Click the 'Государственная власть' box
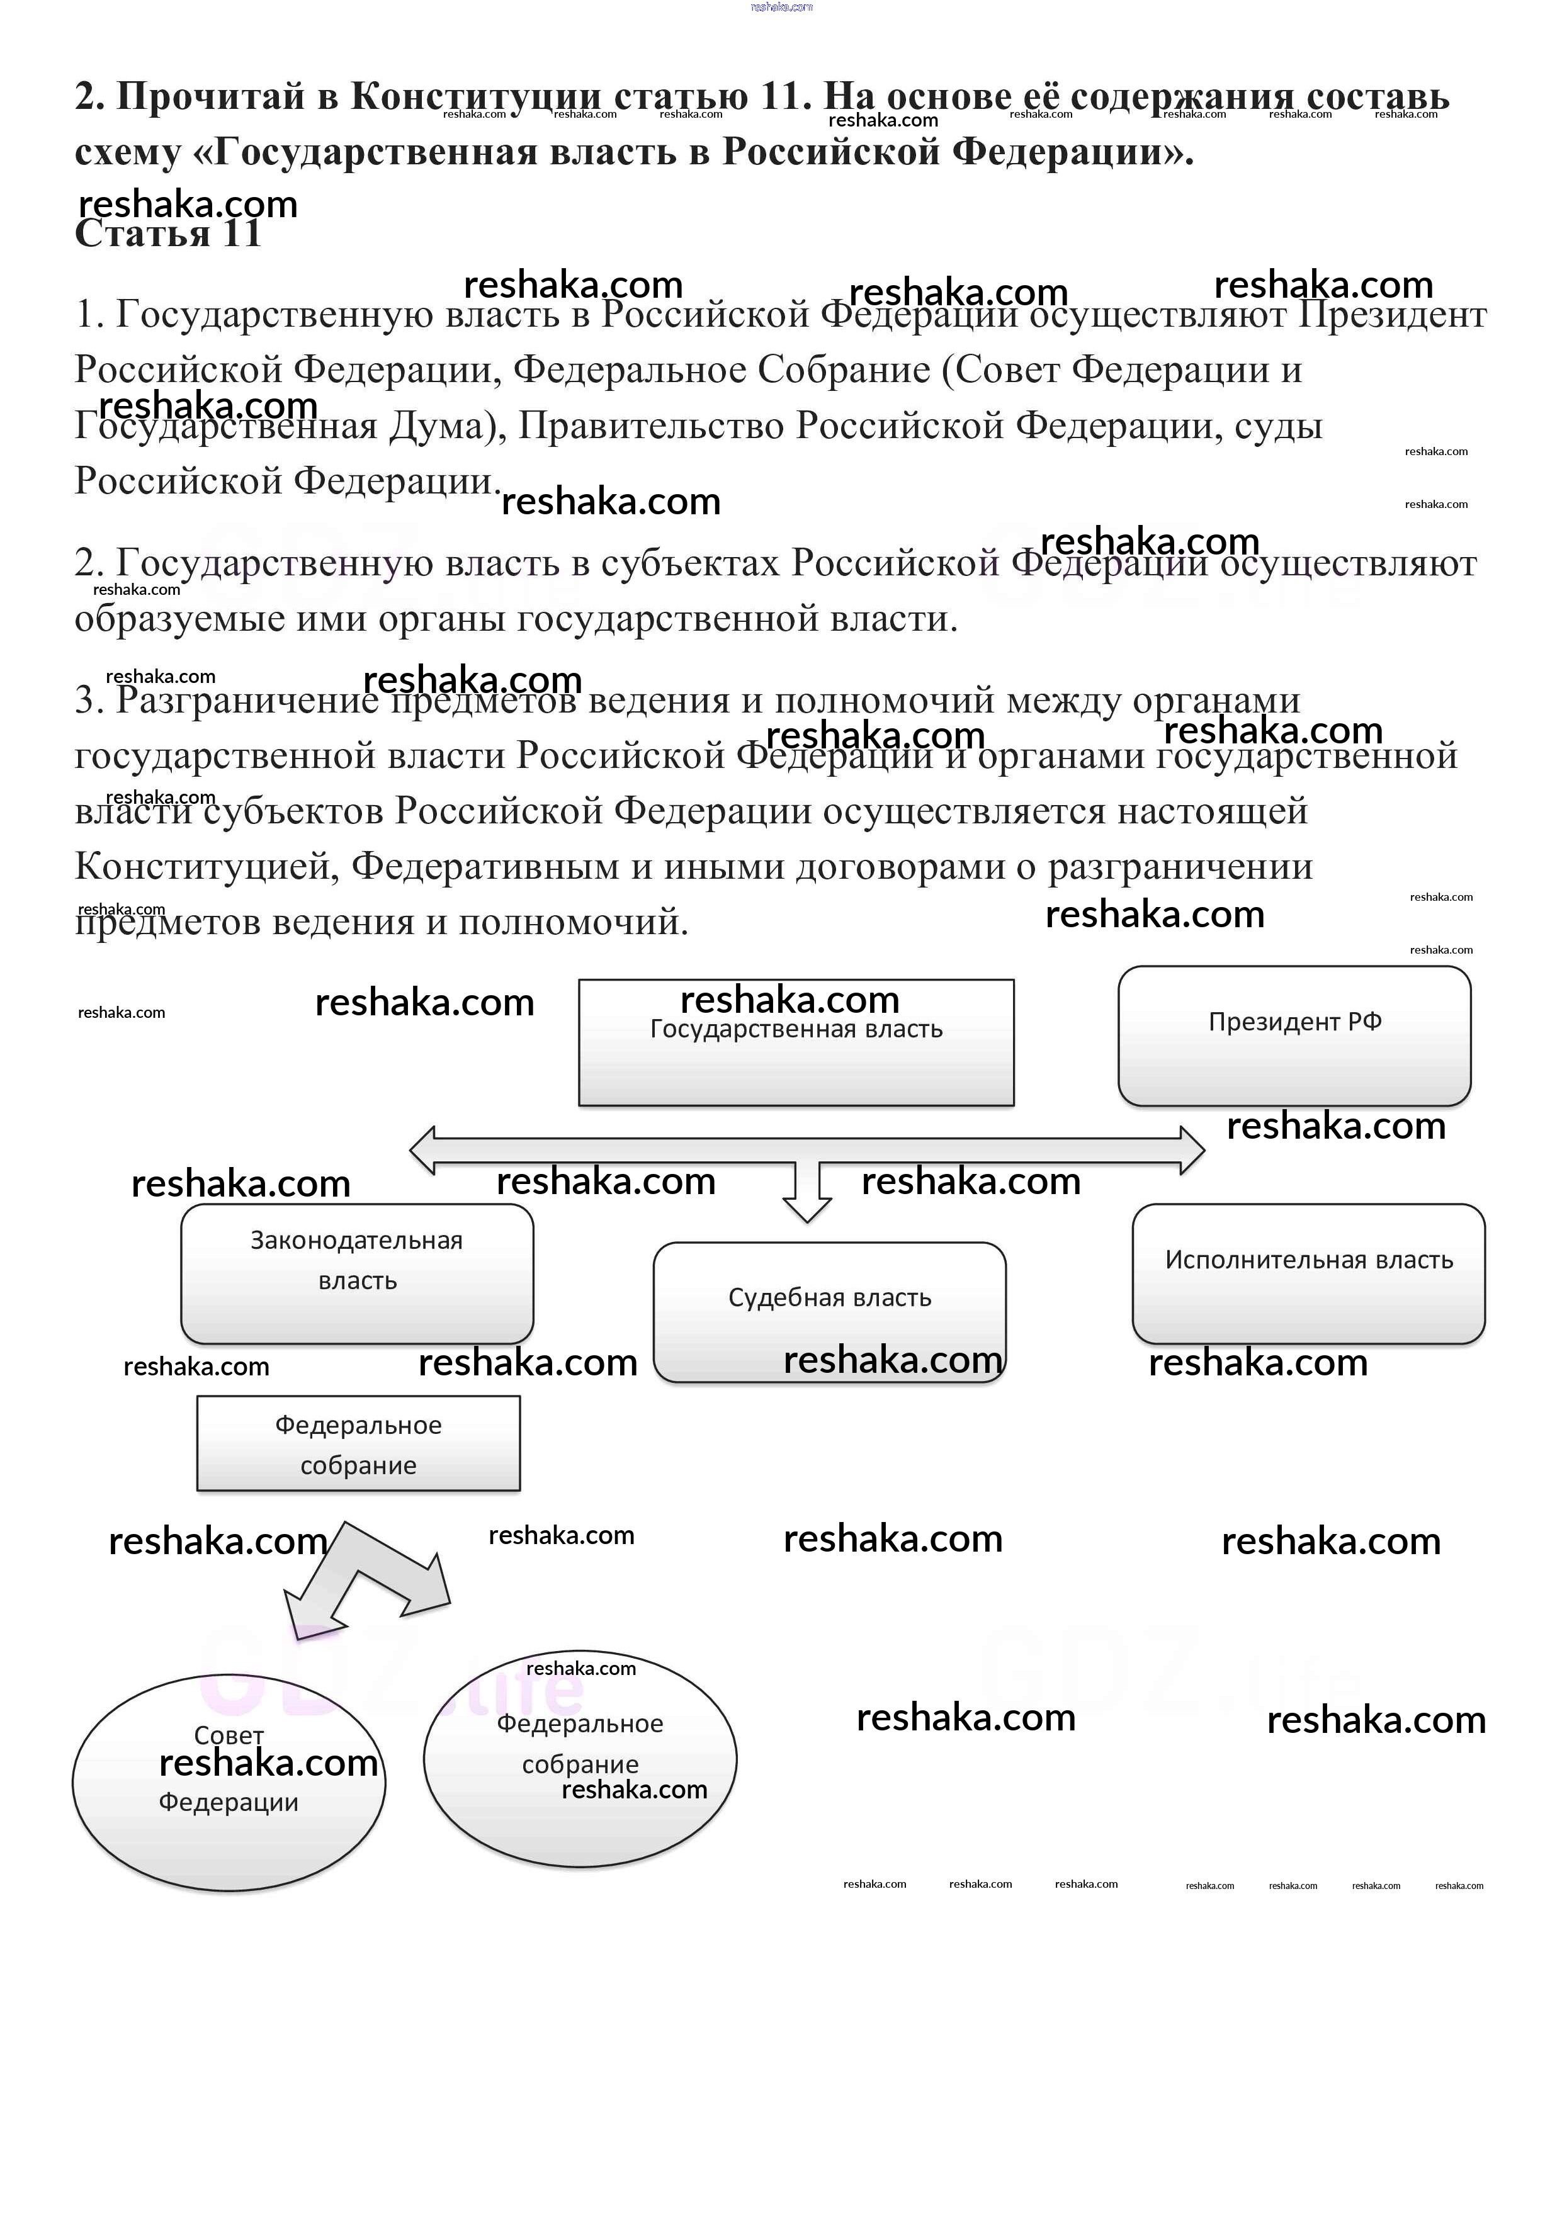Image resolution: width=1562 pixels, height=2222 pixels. tap(796, 1042)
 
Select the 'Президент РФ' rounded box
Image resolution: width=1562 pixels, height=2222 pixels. tap(1294, 1035)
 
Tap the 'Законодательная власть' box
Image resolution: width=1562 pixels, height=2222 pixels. tap(357, 1273)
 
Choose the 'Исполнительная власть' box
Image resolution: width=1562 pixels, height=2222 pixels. tap(1308, 1273)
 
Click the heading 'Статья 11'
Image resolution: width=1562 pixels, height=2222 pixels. tap(167, 234)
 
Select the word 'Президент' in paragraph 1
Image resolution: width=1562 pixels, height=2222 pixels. tap(1391, 315)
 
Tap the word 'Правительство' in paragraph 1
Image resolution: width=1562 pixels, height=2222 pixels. tap(656, 426)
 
